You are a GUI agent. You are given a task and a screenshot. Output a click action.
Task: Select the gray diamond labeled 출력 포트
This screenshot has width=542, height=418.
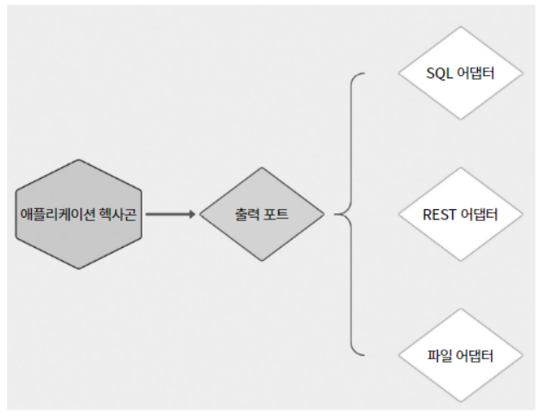tap(262, 214)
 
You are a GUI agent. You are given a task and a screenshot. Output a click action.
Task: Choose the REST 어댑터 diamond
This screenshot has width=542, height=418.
tap(461, 214)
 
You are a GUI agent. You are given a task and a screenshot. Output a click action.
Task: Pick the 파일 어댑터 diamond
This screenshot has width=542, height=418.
tap(461, 356)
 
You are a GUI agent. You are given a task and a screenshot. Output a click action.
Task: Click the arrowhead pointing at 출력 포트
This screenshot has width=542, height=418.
tap(192, 213)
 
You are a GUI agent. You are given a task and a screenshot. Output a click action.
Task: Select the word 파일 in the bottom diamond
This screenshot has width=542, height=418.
tap(440, 356)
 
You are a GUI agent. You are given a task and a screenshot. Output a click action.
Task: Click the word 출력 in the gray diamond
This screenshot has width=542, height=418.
tap(247, 214)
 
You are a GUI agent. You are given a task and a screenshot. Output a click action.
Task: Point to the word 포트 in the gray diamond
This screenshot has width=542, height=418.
tap(277, 214)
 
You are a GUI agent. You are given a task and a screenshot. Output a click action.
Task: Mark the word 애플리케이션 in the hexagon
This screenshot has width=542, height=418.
tap(55, 213)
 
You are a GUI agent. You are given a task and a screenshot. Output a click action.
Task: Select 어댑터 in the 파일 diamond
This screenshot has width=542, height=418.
tap(475, 356)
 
